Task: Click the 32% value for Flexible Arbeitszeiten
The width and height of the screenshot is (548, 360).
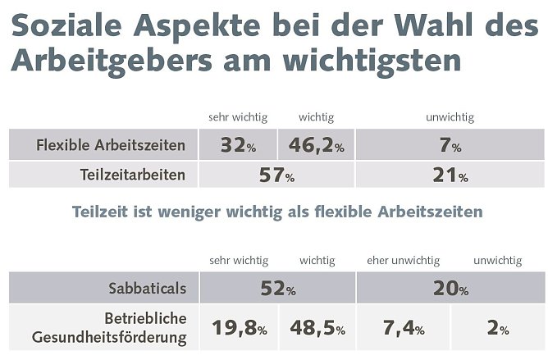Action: click(x=239, y=147)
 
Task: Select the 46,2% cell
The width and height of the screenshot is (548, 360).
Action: click(x=316, y=147)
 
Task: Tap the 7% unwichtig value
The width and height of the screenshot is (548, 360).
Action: click(x=450, y=147)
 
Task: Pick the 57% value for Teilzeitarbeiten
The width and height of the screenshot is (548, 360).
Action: click(x=277, y=175)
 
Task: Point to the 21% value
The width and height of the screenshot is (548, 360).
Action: click(x=450, y=175)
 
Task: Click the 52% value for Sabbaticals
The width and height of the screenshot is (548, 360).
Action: click(x=277, y=289)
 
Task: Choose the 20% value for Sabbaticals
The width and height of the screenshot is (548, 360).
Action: click(x=450, y=289)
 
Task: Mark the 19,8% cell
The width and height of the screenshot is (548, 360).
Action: click(x=239, y=328)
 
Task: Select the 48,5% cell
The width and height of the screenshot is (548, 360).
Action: click(x=316, y=328)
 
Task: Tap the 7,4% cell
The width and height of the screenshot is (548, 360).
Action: click(x=403, y=328)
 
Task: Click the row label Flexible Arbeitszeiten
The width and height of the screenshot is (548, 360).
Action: click(x=111, y=147)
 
